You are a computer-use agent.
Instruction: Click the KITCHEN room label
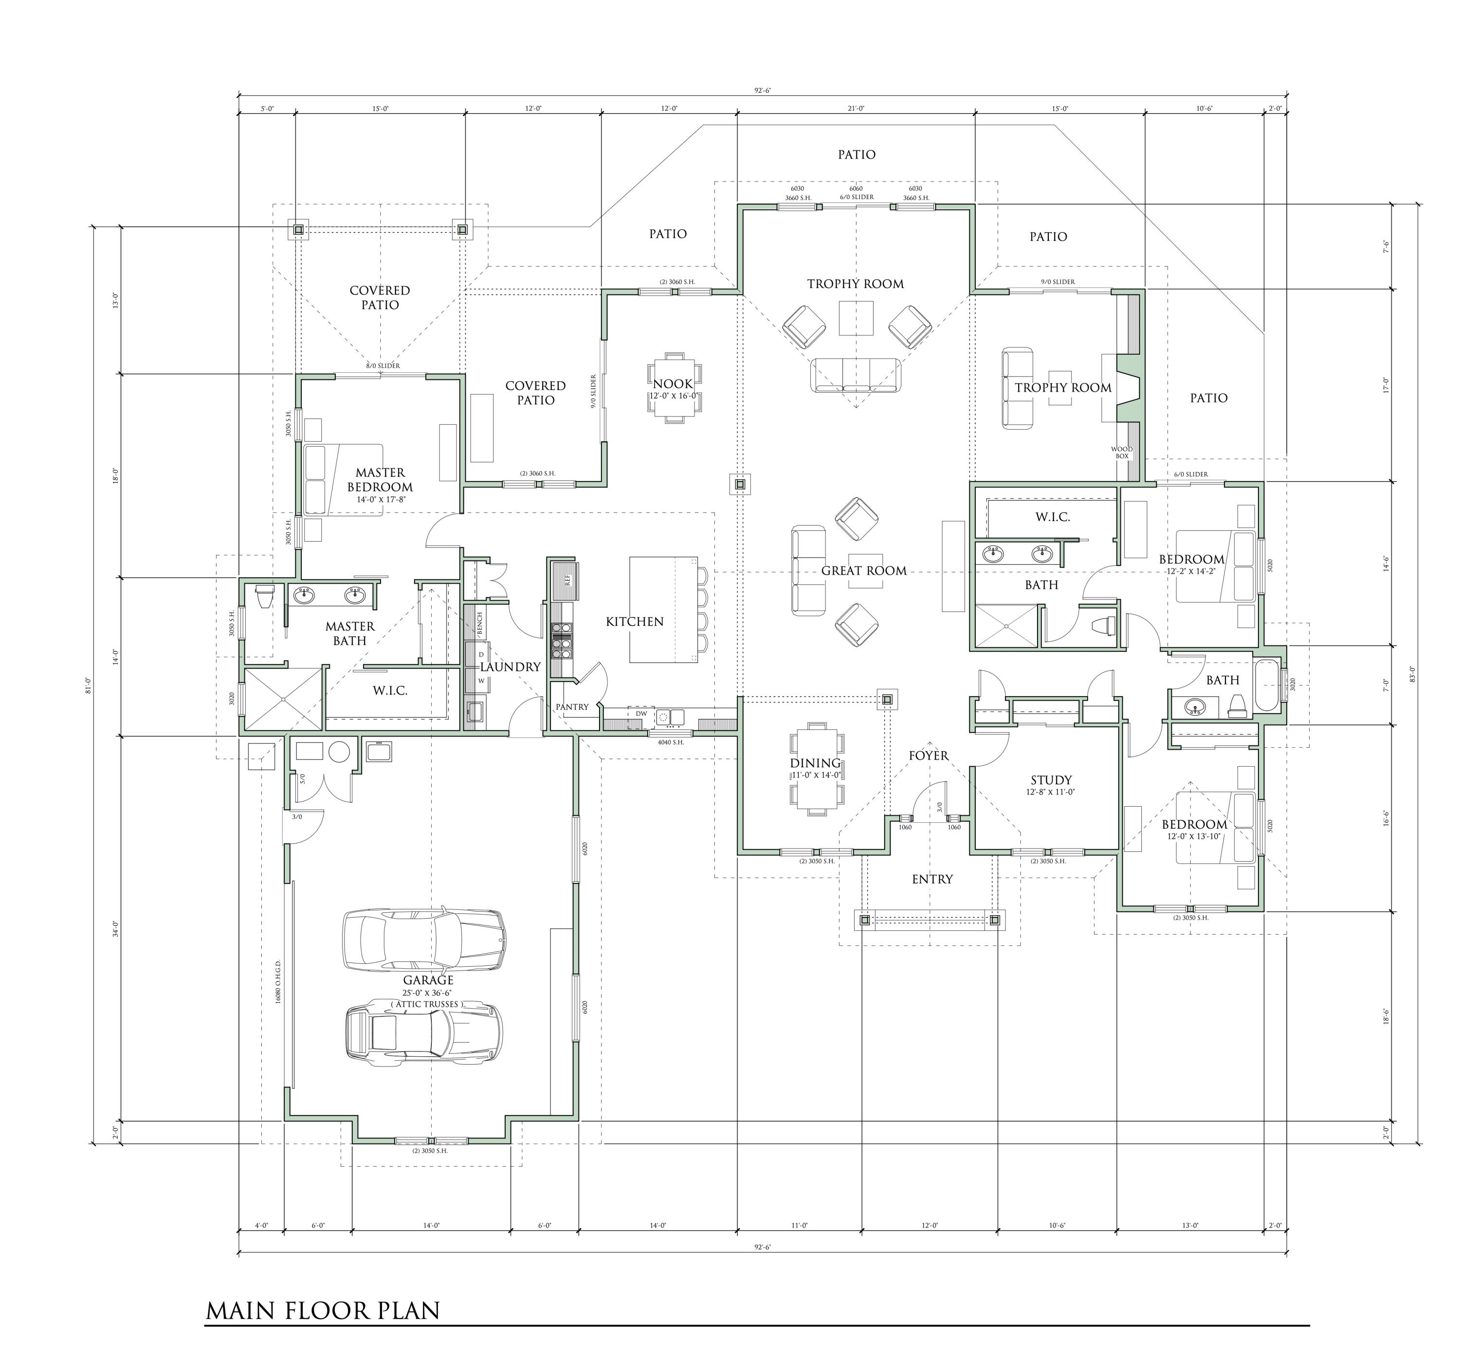tap(635, 622)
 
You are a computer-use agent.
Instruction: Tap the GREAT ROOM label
tap(864, 571)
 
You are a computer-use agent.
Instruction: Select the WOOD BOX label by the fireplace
tap(1121, 452)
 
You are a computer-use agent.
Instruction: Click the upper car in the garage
tap(424, 940)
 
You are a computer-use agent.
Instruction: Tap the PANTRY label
tap(572, 707)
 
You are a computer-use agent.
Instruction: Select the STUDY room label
tap(1051, 780)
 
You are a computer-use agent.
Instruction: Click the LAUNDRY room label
tap(511, 667)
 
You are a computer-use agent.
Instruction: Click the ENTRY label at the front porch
tap(932, 879)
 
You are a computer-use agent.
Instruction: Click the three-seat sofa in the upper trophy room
tap(856, 375)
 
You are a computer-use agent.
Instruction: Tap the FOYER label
tap(928, 756)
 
